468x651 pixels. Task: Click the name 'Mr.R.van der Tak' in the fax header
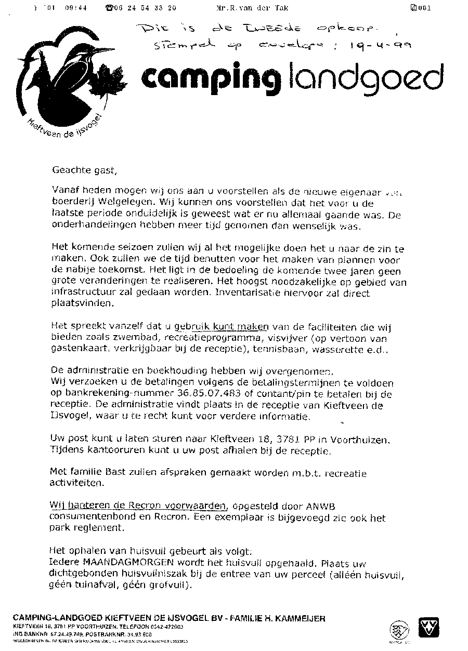252,8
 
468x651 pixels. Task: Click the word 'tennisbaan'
276,350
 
